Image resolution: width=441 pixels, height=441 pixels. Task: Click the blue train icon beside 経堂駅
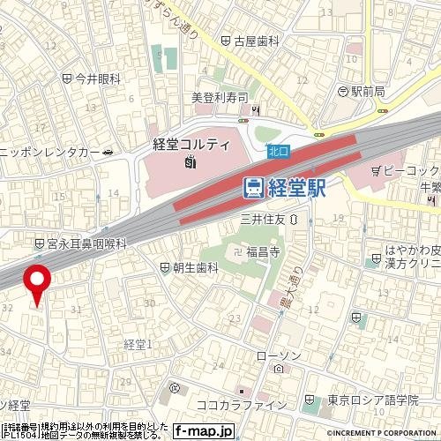pos(252,188)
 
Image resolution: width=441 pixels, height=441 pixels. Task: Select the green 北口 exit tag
pos(279,153)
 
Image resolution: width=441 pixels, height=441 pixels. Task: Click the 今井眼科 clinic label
pos(97,78)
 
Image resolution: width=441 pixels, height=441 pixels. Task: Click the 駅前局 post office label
pos(368,91)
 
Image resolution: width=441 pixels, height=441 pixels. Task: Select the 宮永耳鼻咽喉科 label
pos(86,243)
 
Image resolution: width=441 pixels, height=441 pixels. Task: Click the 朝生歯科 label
pos(194,267)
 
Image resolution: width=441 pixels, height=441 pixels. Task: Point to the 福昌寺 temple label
pos(262,252)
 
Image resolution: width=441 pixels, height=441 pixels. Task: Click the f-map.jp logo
pos(204,431)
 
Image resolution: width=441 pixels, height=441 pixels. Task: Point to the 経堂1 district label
pos(138,342)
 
